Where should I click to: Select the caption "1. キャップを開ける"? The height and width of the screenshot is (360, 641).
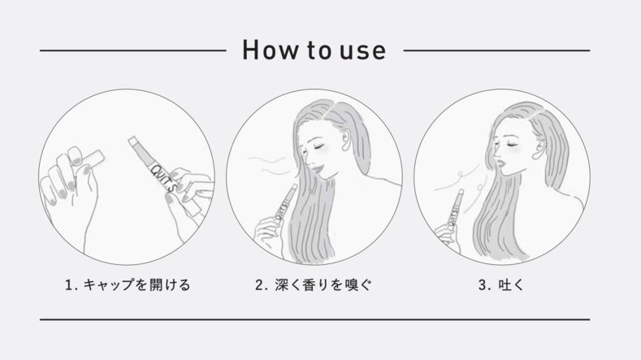coord(128,284)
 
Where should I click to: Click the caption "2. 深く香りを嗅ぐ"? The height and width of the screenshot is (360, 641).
coord(314,284)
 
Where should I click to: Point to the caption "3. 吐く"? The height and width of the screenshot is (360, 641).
coord(501,284)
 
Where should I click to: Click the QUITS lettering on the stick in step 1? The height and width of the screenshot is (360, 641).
coord(163,177)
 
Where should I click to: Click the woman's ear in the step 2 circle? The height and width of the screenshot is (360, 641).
coord(346,140)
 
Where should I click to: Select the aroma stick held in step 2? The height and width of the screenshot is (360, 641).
coord(286,203)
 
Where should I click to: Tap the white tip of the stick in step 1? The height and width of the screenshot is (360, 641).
coord(132,141)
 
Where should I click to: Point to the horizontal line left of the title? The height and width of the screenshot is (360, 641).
coord(133,50)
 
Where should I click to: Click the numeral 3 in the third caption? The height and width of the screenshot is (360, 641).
coord(483,284)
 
